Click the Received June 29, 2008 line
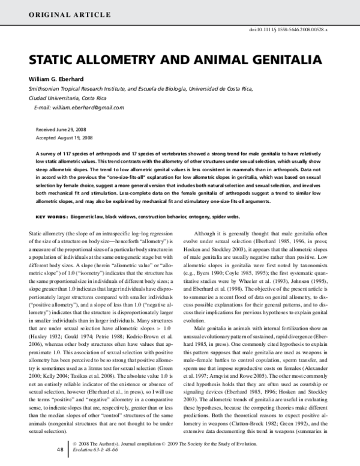click(61, 129)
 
